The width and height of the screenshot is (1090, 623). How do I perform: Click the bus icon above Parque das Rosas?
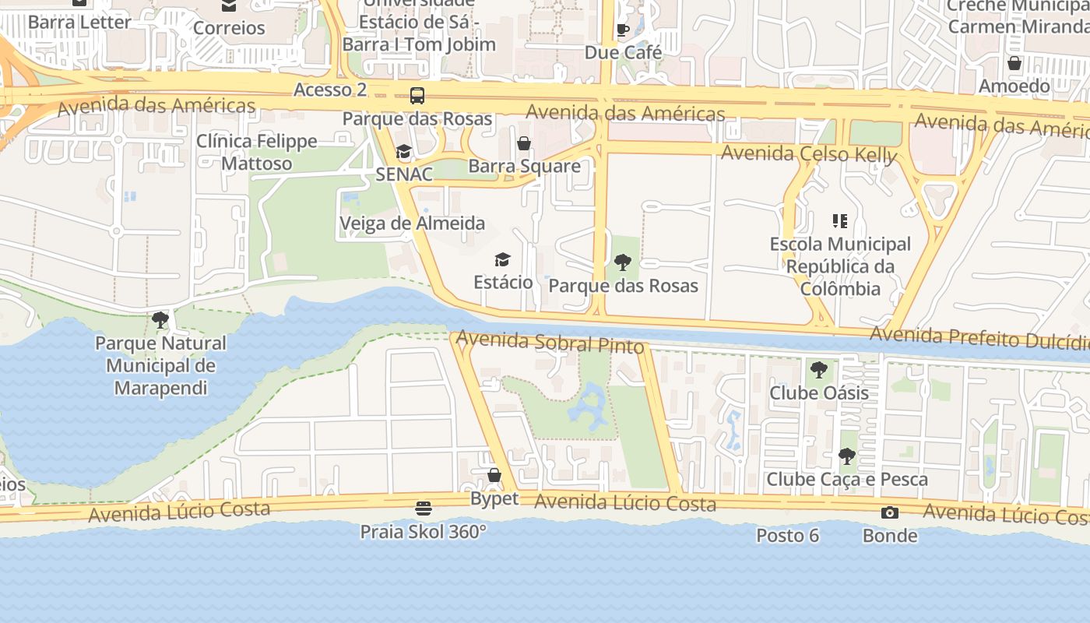417,96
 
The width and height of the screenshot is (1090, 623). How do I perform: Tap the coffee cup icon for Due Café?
623,30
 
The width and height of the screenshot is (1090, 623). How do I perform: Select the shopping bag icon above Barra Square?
524,143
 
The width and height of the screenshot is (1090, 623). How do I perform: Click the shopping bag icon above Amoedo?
1014,63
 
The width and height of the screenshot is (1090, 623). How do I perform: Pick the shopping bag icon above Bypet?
494,475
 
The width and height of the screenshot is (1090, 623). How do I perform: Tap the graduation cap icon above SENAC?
403,151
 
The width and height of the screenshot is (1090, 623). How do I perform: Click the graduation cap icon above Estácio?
503,259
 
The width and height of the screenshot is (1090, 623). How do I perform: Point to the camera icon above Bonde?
889,512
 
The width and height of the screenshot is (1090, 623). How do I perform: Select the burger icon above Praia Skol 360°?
423,509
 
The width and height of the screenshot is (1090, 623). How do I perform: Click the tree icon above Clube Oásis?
818,369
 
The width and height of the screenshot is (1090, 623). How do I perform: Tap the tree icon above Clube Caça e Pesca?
846,456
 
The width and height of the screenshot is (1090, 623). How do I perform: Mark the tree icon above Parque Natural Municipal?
160,319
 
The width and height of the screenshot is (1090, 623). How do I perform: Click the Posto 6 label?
787,536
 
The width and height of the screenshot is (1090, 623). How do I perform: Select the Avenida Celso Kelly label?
809,154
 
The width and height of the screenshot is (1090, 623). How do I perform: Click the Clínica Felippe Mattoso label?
257,152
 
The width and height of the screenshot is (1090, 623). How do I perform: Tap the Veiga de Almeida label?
412,224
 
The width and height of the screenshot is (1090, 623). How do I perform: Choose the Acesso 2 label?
330,90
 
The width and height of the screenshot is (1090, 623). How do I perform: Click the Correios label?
229,28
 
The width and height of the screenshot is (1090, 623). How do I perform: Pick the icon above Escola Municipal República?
839,221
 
